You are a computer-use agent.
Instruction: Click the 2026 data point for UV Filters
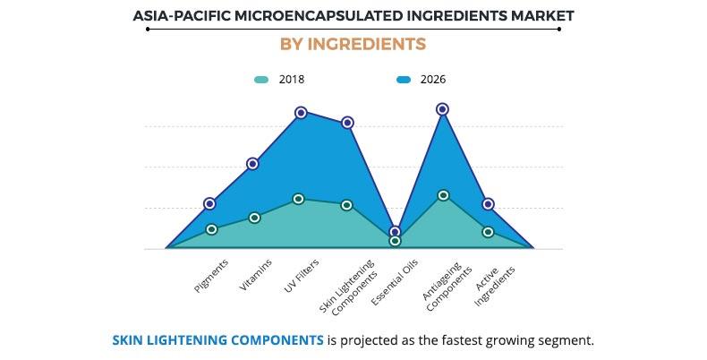(x=302, y=113)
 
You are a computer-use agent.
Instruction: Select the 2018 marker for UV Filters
(x=299, y=199)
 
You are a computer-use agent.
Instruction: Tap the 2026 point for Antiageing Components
(x=442, y=109)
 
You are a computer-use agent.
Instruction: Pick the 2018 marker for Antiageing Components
(x=443, y=195)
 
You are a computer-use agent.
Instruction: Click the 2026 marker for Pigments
(x=209, y=204)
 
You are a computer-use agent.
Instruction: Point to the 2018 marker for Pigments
(x=212, y=229)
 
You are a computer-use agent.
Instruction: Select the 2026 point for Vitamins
(x=252, y=164)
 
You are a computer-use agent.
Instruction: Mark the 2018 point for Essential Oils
(x=395, y=241)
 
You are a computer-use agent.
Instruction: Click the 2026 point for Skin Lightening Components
(x=347, y=123)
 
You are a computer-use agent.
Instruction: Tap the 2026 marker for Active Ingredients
(x=488, y=204)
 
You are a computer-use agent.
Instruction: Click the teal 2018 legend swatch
(x=260, y=80)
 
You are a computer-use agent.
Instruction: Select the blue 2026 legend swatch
(x=404, y=80)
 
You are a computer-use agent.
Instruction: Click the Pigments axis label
(x=211, y=276)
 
